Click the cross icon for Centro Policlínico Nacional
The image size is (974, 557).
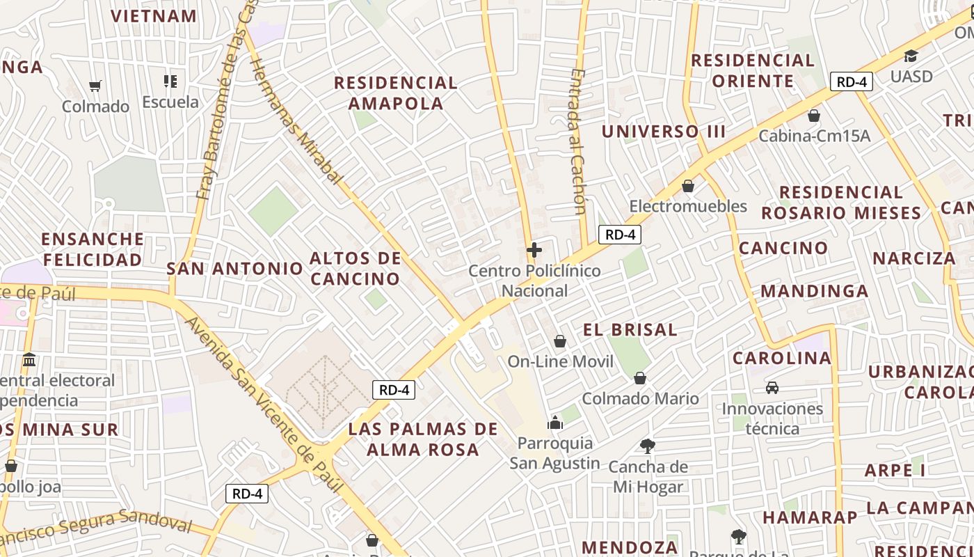pyautogui.click(x=534, y=250)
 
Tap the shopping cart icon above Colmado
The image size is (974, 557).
pyautogui.click(x=95, y=86)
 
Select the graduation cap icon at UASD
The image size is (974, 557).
pyautogui.click(x=911, y=56)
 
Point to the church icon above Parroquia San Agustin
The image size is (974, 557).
pyautogui.click(x=555, y=423)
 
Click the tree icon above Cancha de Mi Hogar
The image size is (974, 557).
pyautogui.click(x=648, y=446)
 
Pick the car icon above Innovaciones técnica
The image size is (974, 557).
pyautogui.click(x=772, y=388)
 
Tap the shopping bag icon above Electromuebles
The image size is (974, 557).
pyautogui.click(x=688, y=186)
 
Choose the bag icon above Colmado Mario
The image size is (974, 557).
pyautogui.click(x=640, y=378)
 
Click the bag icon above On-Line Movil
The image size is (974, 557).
pyautogui.click(x=560, y=341)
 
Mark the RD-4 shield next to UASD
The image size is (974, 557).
pyautogui.click(x=852, y=81)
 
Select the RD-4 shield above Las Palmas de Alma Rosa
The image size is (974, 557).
pyautogui.click(x=394, y=390)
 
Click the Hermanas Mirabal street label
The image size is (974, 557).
pyautogui.click(x=296, y=122)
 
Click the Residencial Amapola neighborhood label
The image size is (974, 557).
pyautogui.click(x=395, y=93)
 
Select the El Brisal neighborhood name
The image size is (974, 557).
pyautogui.click(x=630, y=330)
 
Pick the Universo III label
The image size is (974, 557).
pyautogui.click(x=664, y=132)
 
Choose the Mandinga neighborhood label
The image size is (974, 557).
pyautogui.click(x=815, y=291)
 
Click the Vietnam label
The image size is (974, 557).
pyautogui.click(x=154, y=16)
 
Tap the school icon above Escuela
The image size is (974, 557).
pyautogui.click(x=170, y=81)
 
